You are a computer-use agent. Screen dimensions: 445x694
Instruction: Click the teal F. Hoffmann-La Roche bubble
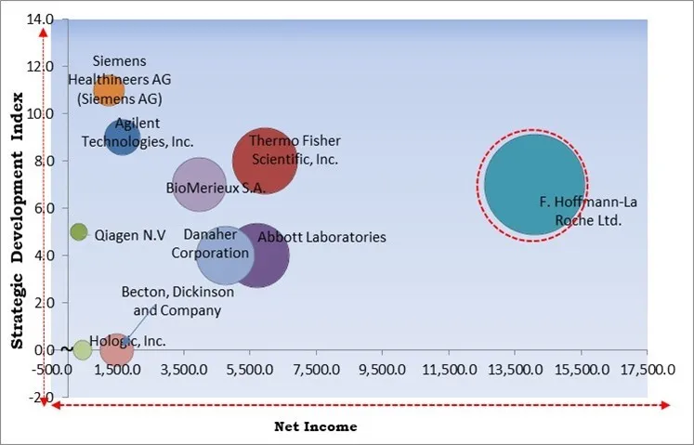[x=533, y=184]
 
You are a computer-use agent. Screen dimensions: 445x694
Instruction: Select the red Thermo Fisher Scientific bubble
[x=265, y=160]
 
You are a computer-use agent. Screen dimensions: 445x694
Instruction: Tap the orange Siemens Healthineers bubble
[x=108, y=90]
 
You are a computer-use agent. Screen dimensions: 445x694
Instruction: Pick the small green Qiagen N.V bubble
[x=79, y=231]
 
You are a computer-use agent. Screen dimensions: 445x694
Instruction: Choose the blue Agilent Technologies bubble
[x=121, y=138]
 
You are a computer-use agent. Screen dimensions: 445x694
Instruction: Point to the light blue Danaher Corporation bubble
[x=225, y=255]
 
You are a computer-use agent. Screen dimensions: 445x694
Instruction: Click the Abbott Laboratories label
[x=321, y=238]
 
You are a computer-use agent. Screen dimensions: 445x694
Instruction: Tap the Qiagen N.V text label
[x=130, y=235]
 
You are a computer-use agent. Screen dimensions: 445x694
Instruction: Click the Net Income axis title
[x=315, y=426]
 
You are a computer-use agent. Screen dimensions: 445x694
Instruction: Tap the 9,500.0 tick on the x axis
[x=383, y=369]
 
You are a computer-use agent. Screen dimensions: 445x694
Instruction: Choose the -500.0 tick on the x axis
[x=54, y=369]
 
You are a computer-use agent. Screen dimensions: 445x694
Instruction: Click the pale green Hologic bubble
[x=83, y=349]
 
